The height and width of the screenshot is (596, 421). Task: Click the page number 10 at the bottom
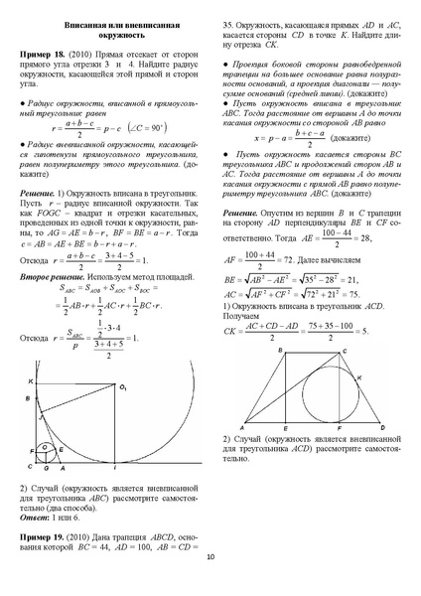tap(210, 584)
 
